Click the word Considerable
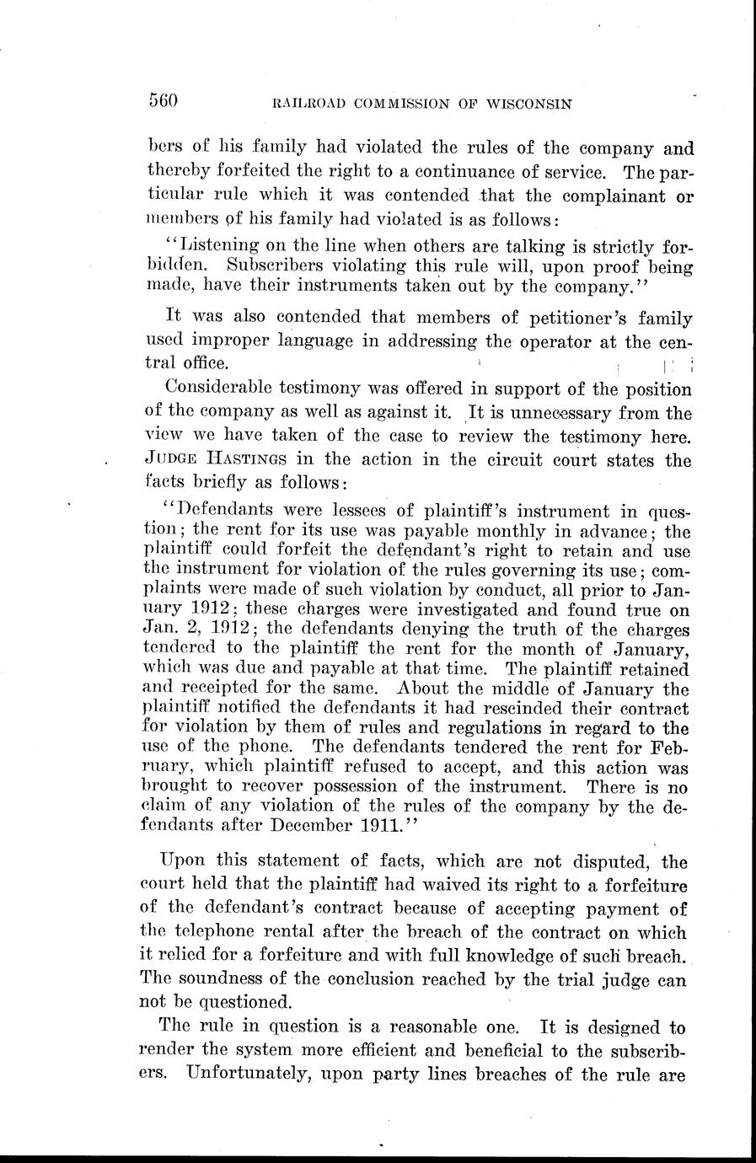219,389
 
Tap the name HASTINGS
260,460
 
